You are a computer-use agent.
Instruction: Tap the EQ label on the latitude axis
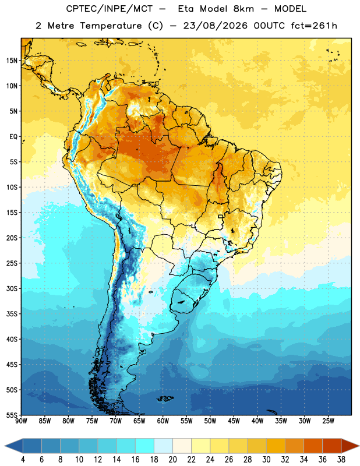point(13,137)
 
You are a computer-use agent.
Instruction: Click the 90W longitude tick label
point(21,421)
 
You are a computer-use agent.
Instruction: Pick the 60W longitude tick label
point(163,421)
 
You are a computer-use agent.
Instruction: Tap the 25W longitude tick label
point(328,421)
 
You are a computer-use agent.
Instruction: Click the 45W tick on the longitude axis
point(234,421)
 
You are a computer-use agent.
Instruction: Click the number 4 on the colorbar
point(23,460)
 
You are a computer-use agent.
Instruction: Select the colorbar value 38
point(341,460)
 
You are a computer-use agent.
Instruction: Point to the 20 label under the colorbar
point(172,460)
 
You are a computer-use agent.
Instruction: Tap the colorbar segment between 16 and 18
point(145,446)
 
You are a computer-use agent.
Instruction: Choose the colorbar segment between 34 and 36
point(313,446)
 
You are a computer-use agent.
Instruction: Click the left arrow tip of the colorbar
point(5,446)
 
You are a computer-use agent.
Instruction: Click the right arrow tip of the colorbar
point(359,446)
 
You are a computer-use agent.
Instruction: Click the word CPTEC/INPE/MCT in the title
point(110,9)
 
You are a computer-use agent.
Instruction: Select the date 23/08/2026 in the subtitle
point(215,26)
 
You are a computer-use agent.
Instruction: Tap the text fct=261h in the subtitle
point(314,26)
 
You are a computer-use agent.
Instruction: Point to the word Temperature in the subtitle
point(111,26)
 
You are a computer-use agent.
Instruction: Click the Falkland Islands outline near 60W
point(165,398)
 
